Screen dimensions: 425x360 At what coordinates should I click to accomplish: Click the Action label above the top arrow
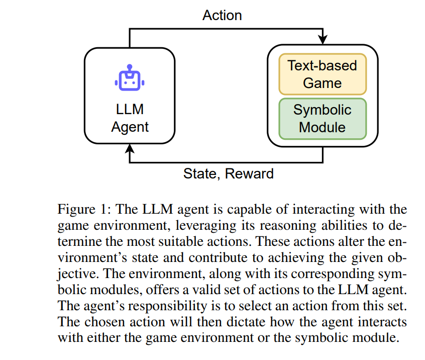(222, 15)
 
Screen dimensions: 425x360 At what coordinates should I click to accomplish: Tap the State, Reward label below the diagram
(229, 173)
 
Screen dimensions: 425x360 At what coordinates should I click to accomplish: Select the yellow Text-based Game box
(323, 74)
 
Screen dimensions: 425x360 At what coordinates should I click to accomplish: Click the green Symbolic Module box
(323, 119)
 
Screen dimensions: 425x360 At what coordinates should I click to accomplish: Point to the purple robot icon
(130, 77)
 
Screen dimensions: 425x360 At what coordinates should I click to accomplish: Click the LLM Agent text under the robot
(130, 118)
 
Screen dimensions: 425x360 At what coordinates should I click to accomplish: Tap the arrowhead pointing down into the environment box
(323, 39)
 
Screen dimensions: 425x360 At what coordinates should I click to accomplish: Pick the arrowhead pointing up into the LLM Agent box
(130, 148)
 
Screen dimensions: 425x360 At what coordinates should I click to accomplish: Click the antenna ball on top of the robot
(130, 67)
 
